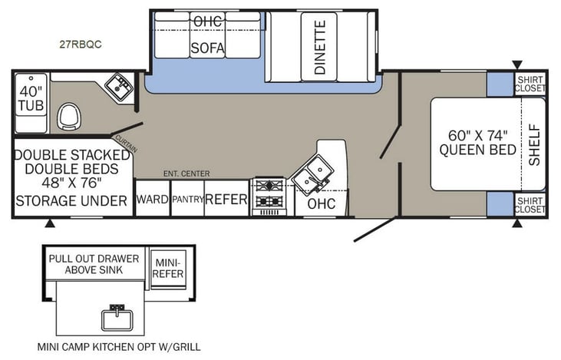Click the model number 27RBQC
(81, 44)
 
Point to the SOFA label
(207, 48)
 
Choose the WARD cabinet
(152, 200)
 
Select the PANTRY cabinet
(186, 200)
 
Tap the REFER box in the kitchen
(226, 200)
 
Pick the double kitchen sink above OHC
(315, 173)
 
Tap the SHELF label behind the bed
(534, 144)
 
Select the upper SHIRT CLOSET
(529, 84)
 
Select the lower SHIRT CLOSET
(529, 205)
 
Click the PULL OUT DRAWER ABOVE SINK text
(94, 263)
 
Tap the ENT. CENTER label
(186, 174)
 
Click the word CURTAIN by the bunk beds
(125, 144)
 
